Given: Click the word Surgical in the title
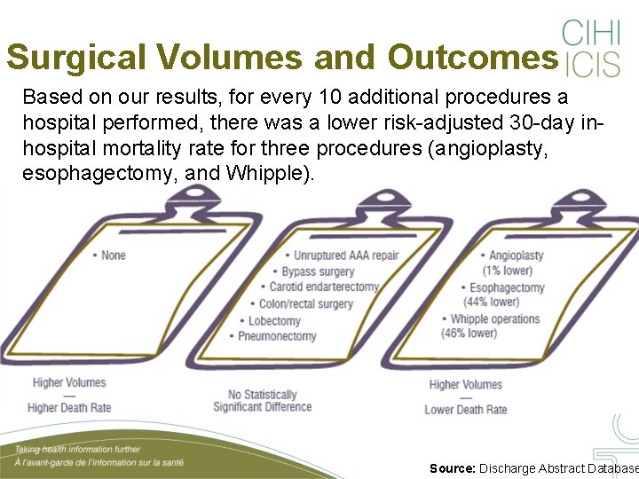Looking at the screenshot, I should pos(78,58).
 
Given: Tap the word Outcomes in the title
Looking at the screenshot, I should pos(471,58).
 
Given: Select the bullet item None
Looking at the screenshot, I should pos(112,255).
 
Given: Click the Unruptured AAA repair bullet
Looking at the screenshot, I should pos(344,255).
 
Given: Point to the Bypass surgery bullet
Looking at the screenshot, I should pos(317,271).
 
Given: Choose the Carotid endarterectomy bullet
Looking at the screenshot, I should pos(323,287).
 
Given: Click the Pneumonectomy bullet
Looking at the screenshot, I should pos(276,336).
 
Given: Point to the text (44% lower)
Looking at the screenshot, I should pos(492,302).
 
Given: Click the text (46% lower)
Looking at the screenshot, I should pos(469,334).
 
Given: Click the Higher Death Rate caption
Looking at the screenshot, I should pos(69,408).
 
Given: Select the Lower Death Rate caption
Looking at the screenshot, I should pos(466,410).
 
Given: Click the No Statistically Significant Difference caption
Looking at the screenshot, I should pos(262,401).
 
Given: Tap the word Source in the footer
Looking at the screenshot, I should pos(452,468).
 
